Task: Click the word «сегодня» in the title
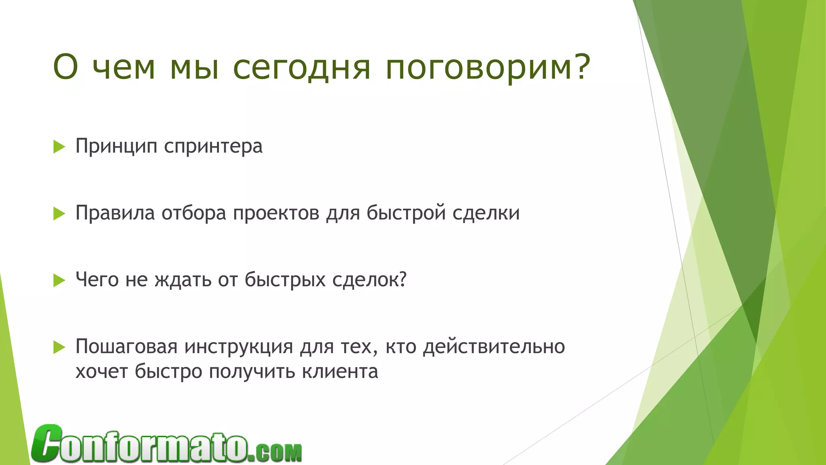301,68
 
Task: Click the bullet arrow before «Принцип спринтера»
59,147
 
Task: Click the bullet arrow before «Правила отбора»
59,214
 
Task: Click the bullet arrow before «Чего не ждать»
59,280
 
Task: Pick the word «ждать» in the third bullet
183,280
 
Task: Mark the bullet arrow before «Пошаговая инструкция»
59,347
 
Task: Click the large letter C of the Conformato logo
47,443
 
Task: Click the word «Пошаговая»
126,347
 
